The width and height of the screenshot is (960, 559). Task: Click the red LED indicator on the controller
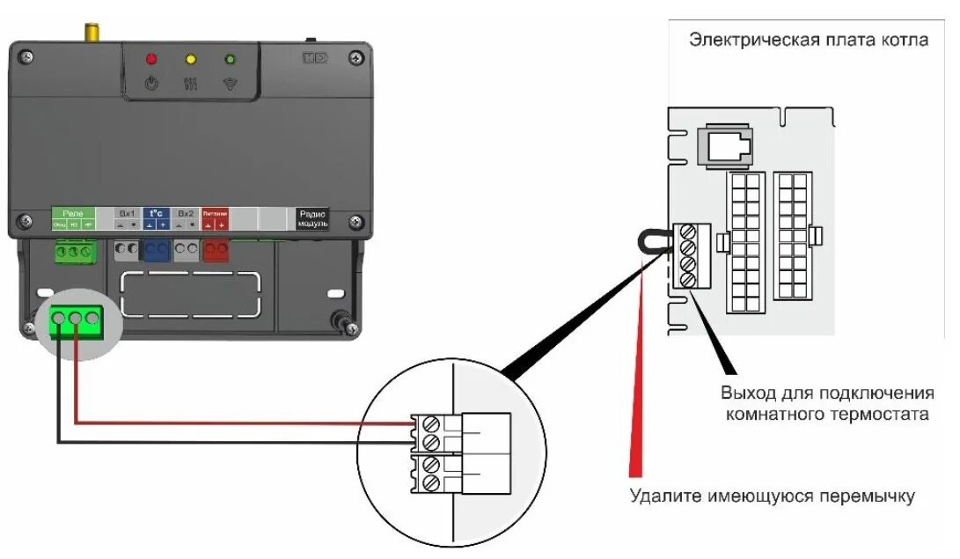click(150, 60)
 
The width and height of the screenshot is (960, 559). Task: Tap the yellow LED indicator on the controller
click(190, 60)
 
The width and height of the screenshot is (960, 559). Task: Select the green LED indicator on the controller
click(231, 60)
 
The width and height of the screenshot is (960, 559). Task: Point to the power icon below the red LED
click(150, 85)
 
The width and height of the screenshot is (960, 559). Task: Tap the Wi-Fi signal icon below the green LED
click(231, 85)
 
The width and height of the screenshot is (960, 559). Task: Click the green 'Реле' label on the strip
click(73, 213)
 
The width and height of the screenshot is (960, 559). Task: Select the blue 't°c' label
click(155, 213)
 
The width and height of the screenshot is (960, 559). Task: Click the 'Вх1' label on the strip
click(128, 213)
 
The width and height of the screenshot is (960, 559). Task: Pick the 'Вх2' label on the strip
click(185, 213)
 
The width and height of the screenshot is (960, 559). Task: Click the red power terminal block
click(216, 251)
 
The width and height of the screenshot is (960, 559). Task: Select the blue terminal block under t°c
click(156, 251)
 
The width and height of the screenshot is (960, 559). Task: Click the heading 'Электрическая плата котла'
click(808, 40)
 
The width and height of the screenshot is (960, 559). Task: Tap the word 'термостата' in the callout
click(885, 414)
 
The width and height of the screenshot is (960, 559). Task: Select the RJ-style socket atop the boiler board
click(722, 145)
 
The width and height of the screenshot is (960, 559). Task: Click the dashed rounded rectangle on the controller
click(190, 294)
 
